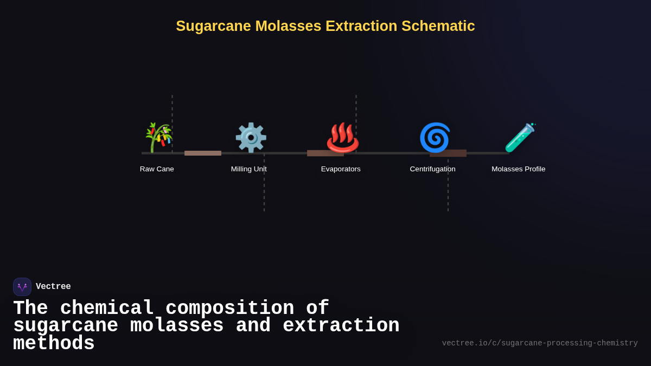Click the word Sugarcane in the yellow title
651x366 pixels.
click(x=213, y=26)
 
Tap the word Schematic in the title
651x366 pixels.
click(x=438, y=26)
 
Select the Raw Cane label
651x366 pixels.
click(x=157, y=169)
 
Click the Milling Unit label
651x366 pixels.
click(x=248, y=169)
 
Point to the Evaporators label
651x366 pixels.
click(x=341, y=169)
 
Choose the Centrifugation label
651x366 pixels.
click(x=432, y=169)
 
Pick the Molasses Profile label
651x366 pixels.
click(x=518, y=169)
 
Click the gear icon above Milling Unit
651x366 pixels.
click(x=250, y=138)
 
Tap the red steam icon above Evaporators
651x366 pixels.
click(x=342, y=138)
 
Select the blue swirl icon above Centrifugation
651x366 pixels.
click(x=435, y=138)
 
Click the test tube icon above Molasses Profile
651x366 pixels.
click(x=520, y=138)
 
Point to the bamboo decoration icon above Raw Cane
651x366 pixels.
click(x=158, y=138)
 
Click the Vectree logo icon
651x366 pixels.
click(x=22, y=287)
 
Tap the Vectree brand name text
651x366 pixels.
click(x=53, y=287)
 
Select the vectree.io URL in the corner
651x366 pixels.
click(x=540, y=343)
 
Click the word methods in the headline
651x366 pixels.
click(x=54, y=344)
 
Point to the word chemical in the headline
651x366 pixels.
click(x=107, y=309)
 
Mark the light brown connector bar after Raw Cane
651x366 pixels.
click(x=203, y=153)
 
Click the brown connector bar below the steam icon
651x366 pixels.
click(x=325, y=153)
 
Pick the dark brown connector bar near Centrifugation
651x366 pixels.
click(x=448, y=153)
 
